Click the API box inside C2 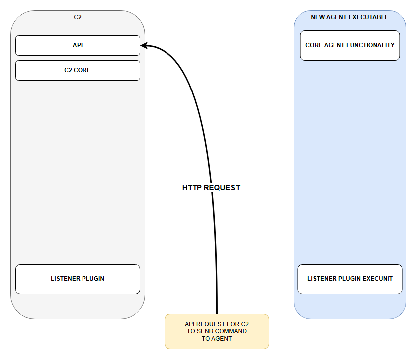pos(78,45)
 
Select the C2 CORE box pos(78,70)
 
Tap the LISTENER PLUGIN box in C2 pos(78,279)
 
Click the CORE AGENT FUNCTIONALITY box pos(350,46)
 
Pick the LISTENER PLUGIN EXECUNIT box pos(350,279)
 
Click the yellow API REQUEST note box pos(217,331)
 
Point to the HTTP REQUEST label pos(211,188)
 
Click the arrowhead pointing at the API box pos(144,46)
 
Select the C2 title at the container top pos(78,17)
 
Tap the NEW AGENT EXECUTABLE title pos(349,17)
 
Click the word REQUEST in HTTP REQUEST pos(222,188)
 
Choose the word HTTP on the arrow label pos(192,188)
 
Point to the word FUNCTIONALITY pos(370,45)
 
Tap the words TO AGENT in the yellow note pos(217,339)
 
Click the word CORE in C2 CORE pos(82,70)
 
